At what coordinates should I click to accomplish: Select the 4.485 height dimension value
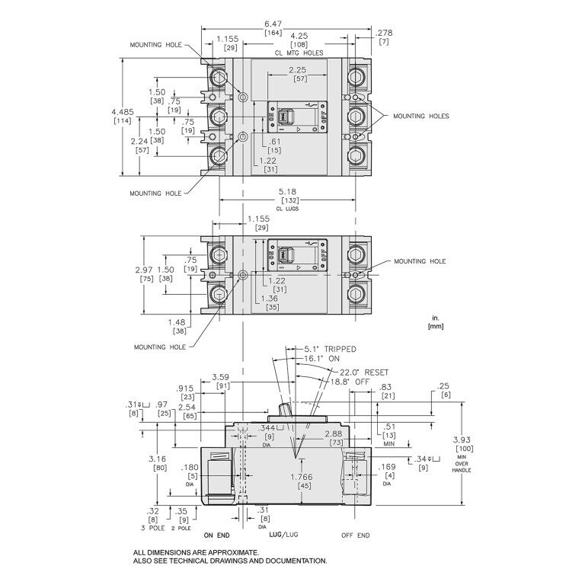[121, 112]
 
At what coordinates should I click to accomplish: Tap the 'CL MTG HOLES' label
[299, 53]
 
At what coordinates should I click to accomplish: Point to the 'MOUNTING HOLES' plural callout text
[420, 117]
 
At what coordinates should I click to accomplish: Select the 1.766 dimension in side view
[302, 478]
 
